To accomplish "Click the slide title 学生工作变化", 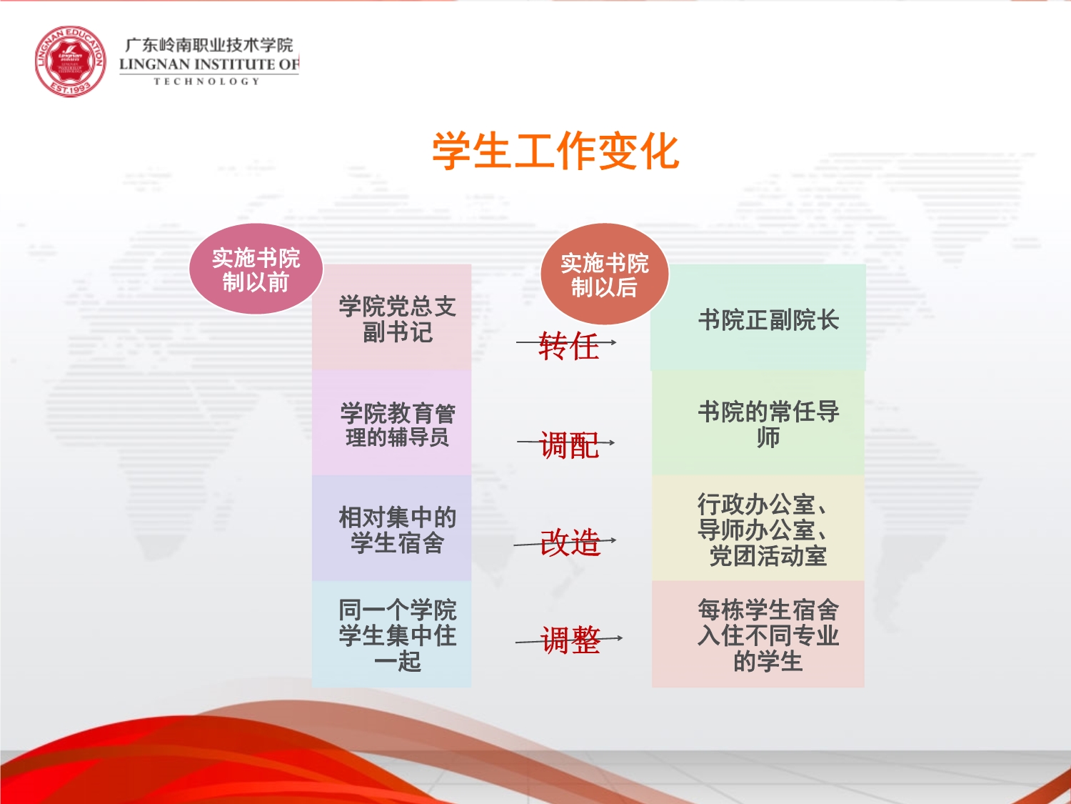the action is tap(555, 151).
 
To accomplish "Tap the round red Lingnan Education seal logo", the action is tap(70, 61).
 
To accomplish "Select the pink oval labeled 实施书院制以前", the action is tap(256, 269).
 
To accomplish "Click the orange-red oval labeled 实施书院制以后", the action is tap(605, 274).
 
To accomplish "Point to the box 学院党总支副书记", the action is tap(391, 317).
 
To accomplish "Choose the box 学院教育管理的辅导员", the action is tap(391, 423).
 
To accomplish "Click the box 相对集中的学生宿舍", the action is tap(391, 528).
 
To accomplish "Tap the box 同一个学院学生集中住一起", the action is tap(391, 634).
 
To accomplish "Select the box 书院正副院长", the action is tap(758, 317).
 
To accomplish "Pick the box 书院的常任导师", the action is tap(758, 423).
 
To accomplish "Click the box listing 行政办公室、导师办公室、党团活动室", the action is tap(758, 528).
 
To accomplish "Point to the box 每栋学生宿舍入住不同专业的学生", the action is tap(758, 634).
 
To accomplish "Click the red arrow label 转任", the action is tap(568, 346).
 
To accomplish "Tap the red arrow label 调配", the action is tap(569, 445).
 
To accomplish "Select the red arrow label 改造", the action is tap(570, 542).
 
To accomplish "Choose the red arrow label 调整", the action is tap(570, 640).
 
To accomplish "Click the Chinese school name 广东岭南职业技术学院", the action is tap(208, 46).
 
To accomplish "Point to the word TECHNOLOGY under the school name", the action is tap(207, 81).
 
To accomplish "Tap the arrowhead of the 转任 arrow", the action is tap(614, 342).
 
